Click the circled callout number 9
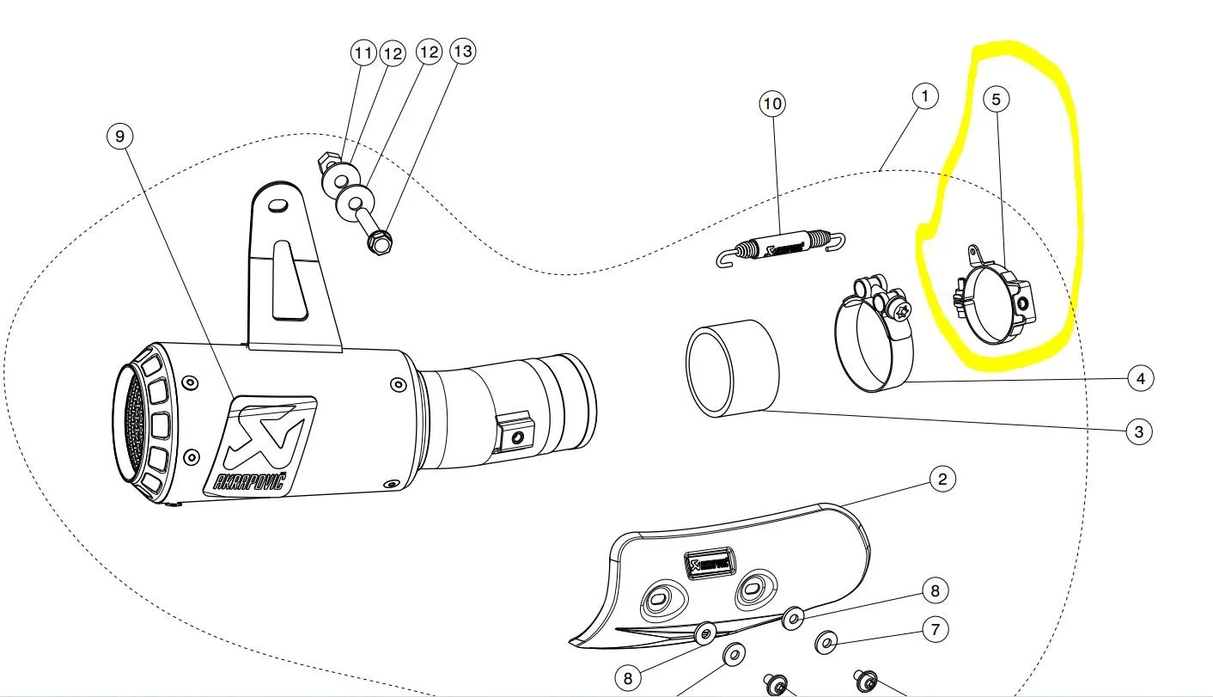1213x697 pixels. pos(120,136)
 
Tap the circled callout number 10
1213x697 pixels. pos(772,104)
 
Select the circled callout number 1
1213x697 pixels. pos(924,95)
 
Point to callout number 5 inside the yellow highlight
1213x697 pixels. pos(997,100)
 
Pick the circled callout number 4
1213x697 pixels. pos(1140,377)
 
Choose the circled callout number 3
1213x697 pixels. pos(1138,431)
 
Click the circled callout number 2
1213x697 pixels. pos(942,480)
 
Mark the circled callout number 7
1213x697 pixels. pos(936,630)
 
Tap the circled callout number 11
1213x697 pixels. pos(363,53)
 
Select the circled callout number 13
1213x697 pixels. pos(462,52)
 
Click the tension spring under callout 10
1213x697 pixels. pos(780,244)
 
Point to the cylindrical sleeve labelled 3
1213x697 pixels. pos(732,369)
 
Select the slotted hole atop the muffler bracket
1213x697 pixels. pos(277,205)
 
